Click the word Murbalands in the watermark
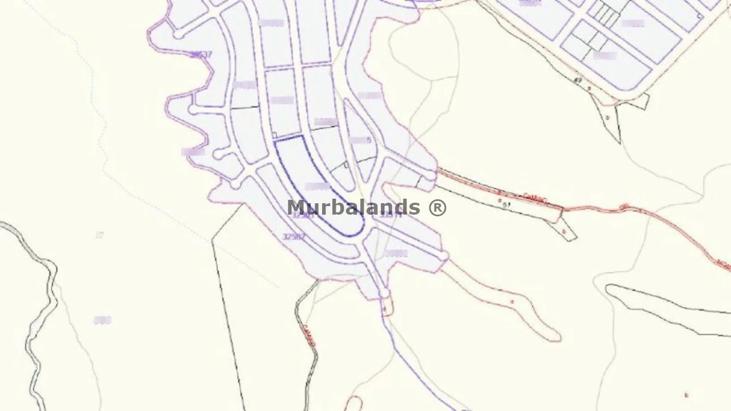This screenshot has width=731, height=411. (x=353, y=207)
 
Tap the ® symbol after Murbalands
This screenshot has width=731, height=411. (x=437, y=207)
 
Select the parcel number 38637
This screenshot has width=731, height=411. (x=200, y=55)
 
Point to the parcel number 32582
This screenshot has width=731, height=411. (x=294, y=236)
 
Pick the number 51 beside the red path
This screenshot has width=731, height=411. (x=506, y=204)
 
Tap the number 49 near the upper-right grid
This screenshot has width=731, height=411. (x=577, y=80)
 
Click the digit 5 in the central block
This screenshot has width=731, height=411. (x=369, y=140)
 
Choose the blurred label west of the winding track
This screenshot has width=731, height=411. (x=102, y=320)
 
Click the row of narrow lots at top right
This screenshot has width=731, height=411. (x=604, y=15)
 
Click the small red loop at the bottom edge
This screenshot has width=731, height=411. (x=354, y=403)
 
